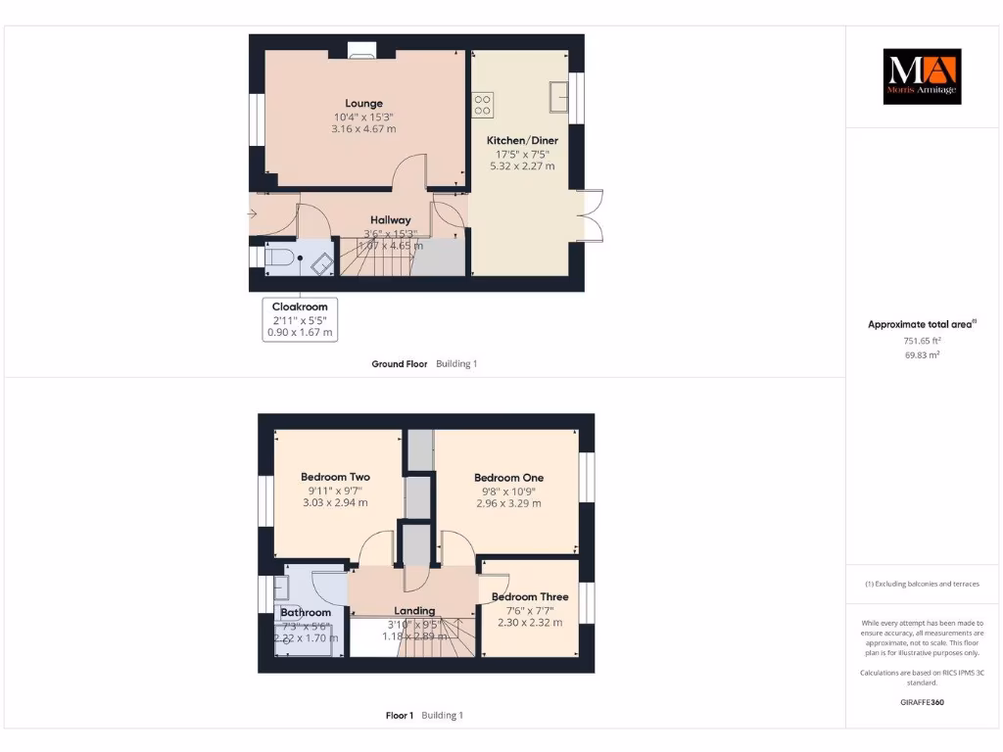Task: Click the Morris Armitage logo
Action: [922, 76]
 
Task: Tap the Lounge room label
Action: [363, 103]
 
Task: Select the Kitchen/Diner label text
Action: [522, 140]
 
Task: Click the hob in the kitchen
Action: [483, 103]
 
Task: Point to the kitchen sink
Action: [560, 96]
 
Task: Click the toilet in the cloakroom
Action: [277, 258]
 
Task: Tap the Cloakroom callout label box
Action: [300, 319]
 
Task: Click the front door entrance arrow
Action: [254, 213]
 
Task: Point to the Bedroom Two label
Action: [335, 477]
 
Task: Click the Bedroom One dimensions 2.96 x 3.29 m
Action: [507, 503]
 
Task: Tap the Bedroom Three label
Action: [529, 596]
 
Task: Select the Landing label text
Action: [413, 611]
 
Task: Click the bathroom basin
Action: [281, 587]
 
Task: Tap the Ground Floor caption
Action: [399, 363]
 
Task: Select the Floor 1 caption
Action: [400, 715]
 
